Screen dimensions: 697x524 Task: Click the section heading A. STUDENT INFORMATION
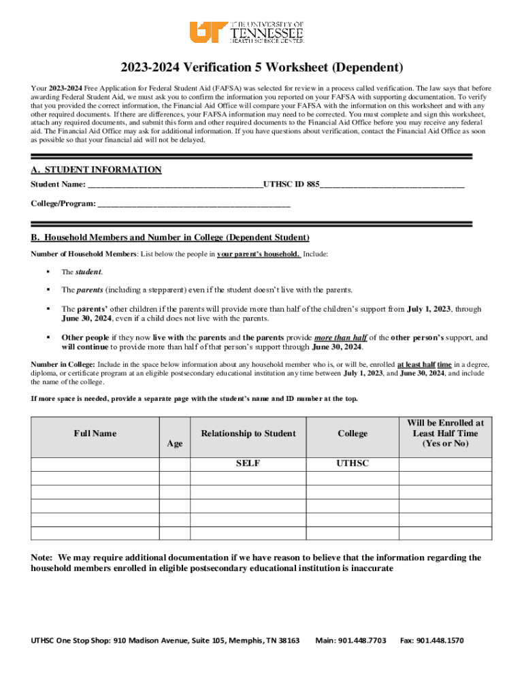click(x=96, y=169)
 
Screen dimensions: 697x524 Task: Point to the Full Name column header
click(x=95, y=434)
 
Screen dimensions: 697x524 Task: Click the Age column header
click(x=175, y=444)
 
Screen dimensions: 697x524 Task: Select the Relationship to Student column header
click(x=248, y=434)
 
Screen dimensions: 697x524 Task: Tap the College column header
click(x=352, y=434)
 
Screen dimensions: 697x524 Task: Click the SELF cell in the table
click(x=248, y=464)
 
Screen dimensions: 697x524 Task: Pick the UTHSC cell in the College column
click(x=352, y=464)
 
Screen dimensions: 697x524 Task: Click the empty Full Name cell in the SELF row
click(x=95, y=464)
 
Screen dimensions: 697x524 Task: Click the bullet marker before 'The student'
click(x=48, y=272)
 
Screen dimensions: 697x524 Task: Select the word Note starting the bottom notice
click(x=42, y=557)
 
